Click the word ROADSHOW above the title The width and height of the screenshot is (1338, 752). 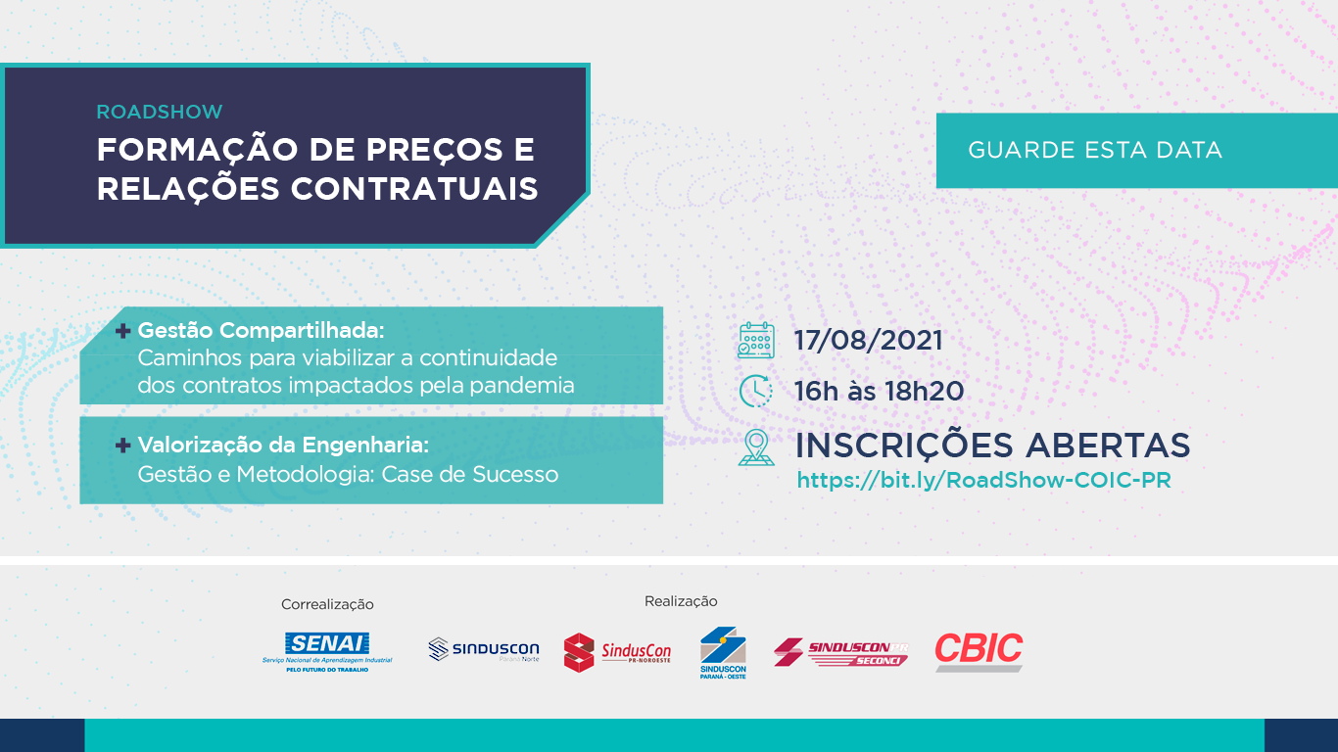[x=159, y=112]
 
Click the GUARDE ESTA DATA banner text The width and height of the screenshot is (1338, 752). [x=1095, y=150]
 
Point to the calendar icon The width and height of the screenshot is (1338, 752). [x=756, y=341]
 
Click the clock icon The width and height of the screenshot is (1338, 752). [x=756, y=391]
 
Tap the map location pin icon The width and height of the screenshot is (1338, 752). [x=756, y=446]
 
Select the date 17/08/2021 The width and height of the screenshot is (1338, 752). [x=868, y=341]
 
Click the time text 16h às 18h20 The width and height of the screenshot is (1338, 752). [x=879, y=392]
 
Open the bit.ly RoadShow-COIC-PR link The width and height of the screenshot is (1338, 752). [x=983, y=480]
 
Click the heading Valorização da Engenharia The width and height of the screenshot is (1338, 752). [x=283, y=446]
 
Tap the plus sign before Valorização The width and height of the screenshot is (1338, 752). [x=123, y=446]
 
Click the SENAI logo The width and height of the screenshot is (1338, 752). [x=327, y=650]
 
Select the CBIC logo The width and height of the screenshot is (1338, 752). [x=979, y=651]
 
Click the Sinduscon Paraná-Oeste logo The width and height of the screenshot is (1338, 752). [x=723, y=652]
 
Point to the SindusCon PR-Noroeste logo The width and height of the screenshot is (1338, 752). [x=617, y=652]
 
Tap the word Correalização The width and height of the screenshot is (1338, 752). [x=327, y=604]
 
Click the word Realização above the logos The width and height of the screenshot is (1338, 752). [x=681, y=601]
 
